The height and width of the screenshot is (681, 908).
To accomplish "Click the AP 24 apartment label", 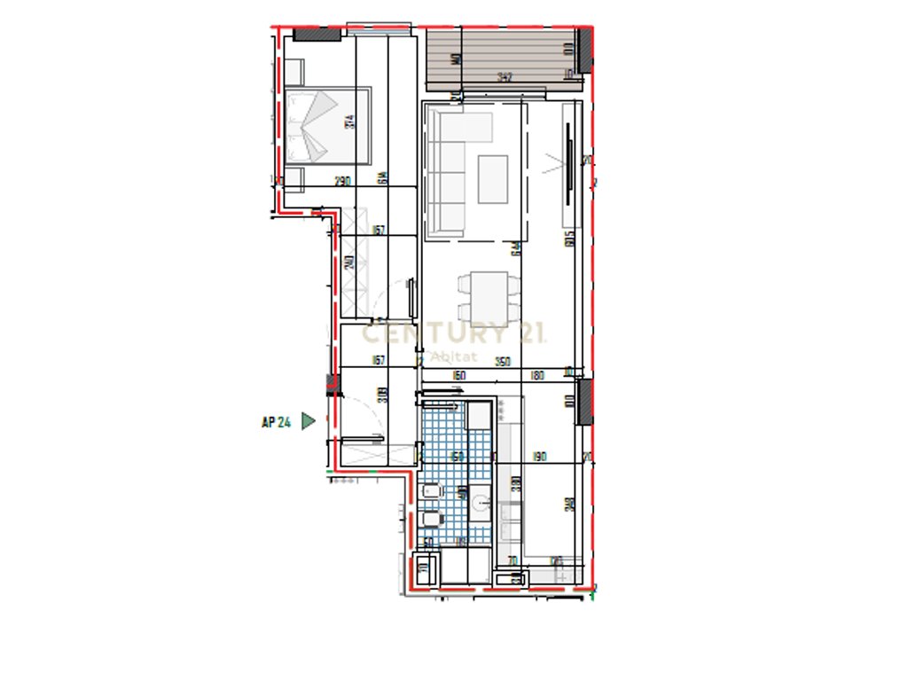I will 276,422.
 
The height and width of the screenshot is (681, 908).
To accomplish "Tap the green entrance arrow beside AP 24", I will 308,421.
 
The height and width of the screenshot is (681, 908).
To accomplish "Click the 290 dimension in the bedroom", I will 342,181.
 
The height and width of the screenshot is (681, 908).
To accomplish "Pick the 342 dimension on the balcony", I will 505,77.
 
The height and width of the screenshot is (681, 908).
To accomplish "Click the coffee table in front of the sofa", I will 493,179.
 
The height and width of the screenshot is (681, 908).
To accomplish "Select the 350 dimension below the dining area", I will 503,361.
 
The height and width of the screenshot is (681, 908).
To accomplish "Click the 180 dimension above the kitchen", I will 536,375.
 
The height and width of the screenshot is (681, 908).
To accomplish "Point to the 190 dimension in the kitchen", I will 540,457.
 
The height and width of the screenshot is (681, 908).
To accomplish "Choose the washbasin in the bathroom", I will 480,504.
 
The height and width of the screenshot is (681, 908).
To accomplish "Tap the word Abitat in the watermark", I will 453,356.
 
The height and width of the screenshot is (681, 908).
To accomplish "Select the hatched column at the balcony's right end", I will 583,51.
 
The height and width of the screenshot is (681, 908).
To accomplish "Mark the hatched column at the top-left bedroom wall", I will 317,34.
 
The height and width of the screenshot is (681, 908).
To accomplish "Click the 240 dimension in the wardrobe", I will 349,263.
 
